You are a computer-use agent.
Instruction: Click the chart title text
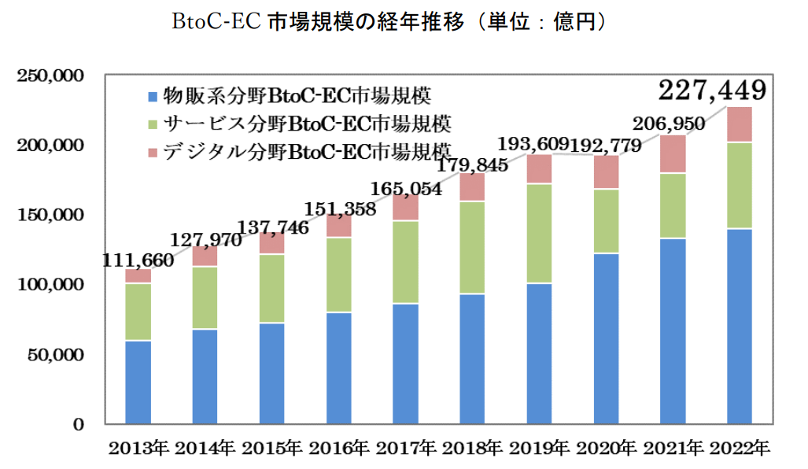coord(390,22)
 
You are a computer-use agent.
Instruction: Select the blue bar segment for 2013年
coord(138,382)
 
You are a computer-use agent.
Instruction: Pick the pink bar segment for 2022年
coord(739,124)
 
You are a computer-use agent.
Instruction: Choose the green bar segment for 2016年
coord(338,275)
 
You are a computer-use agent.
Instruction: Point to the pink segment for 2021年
coord(672,154)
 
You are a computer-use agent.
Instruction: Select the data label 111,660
coord(138,260)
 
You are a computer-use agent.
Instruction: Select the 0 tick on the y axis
coord(79,425)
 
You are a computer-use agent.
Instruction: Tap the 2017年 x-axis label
coord(405,449)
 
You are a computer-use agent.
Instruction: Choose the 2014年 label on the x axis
coord(205,449)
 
